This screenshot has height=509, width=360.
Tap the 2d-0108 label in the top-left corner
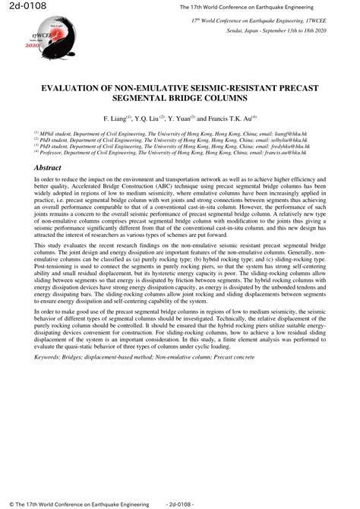[x=22, y=8]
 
